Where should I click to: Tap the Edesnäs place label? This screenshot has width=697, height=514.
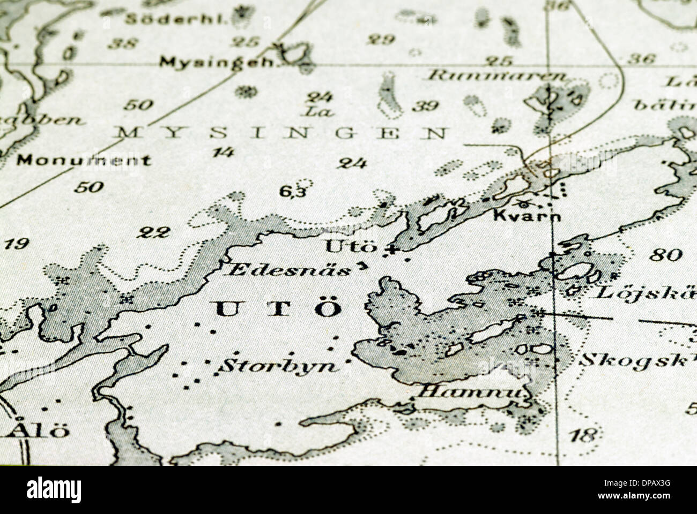coord(290,269)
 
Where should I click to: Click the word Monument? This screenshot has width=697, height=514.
coord(84,160)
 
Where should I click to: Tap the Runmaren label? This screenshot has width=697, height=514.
coord(496,76)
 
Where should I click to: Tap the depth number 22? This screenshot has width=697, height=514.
coord(154,232)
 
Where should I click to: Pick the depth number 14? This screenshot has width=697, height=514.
coord(223,153)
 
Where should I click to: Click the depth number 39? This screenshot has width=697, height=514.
coord(427,105)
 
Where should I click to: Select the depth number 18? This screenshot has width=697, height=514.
coord(583,435)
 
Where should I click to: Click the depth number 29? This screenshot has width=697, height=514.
coord(382,39)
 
